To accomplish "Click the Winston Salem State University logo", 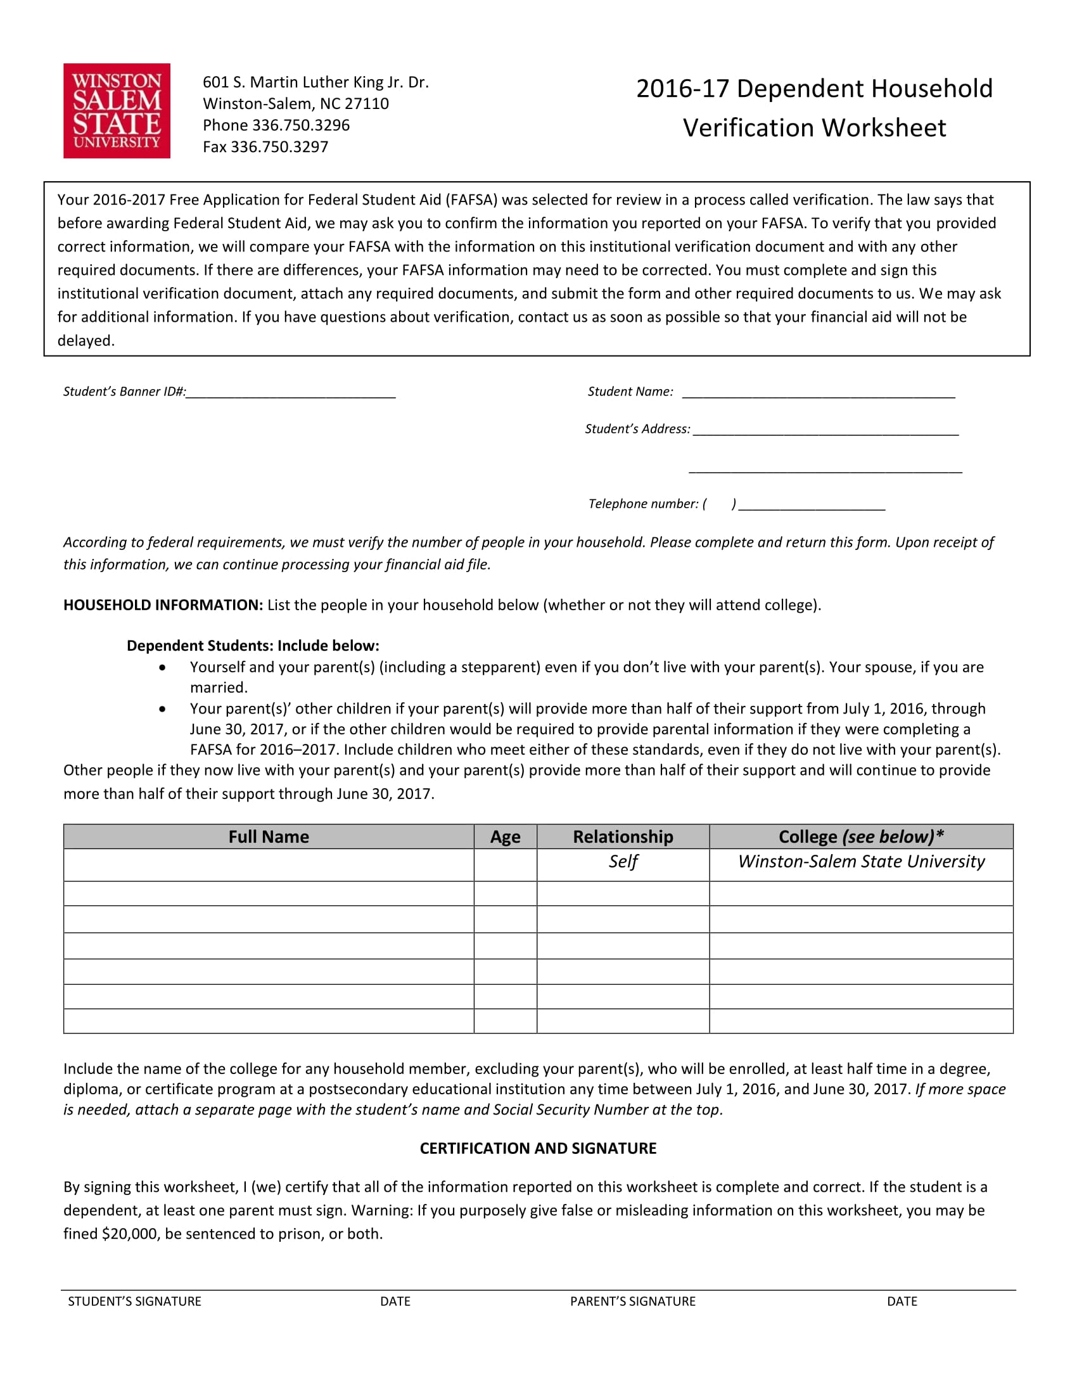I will [x=117, y=110].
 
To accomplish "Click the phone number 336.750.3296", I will [x=300, y=125].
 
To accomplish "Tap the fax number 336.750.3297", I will [x=279, y=147].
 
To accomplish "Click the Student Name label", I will [x=630, y=392].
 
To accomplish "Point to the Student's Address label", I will [x=637, y=429].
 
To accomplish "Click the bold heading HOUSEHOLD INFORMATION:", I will [x=163, y=605].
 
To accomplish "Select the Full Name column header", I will [x=269, y=837].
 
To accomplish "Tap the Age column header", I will [x=505, y=837].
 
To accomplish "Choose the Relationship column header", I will [x=623, y=837].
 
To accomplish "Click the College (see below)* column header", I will [x=861, y=837].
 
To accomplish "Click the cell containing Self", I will [x=623, y=862].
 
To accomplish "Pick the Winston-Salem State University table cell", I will [x=861, y=862].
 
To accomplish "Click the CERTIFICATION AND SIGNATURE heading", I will [x=538, y=1148].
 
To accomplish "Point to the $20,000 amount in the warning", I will [x=129, y=1234].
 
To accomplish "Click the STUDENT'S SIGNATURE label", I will [x=134, y=1301].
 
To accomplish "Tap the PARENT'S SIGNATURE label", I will [x=632, y=1301].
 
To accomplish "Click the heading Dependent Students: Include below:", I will [x=253, y=645].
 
